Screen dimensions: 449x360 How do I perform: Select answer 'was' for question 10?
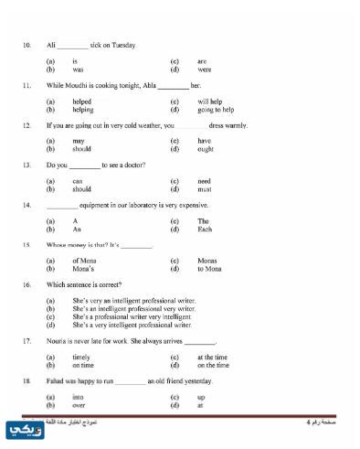click(x=78, y=69)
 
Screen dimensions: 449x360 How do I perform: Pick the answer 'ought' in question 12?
click(x=206, y=148)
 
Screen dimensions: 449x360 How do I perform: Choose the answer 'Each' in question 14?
click(x=206, y=230)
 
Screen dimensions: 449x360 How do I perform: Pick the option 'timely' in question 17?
click(x=81, y=357)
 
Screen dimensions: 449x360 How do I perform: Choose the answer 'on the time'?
click(x=213, y=364)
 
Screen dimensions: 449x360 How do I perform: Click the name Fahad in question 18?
click(x=56, y=380)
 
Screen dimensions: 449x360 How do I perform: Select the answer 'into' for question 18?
click(x=78, y=397)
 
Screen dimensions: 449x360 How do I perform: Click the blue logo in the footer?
click(x=20, y=429)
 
